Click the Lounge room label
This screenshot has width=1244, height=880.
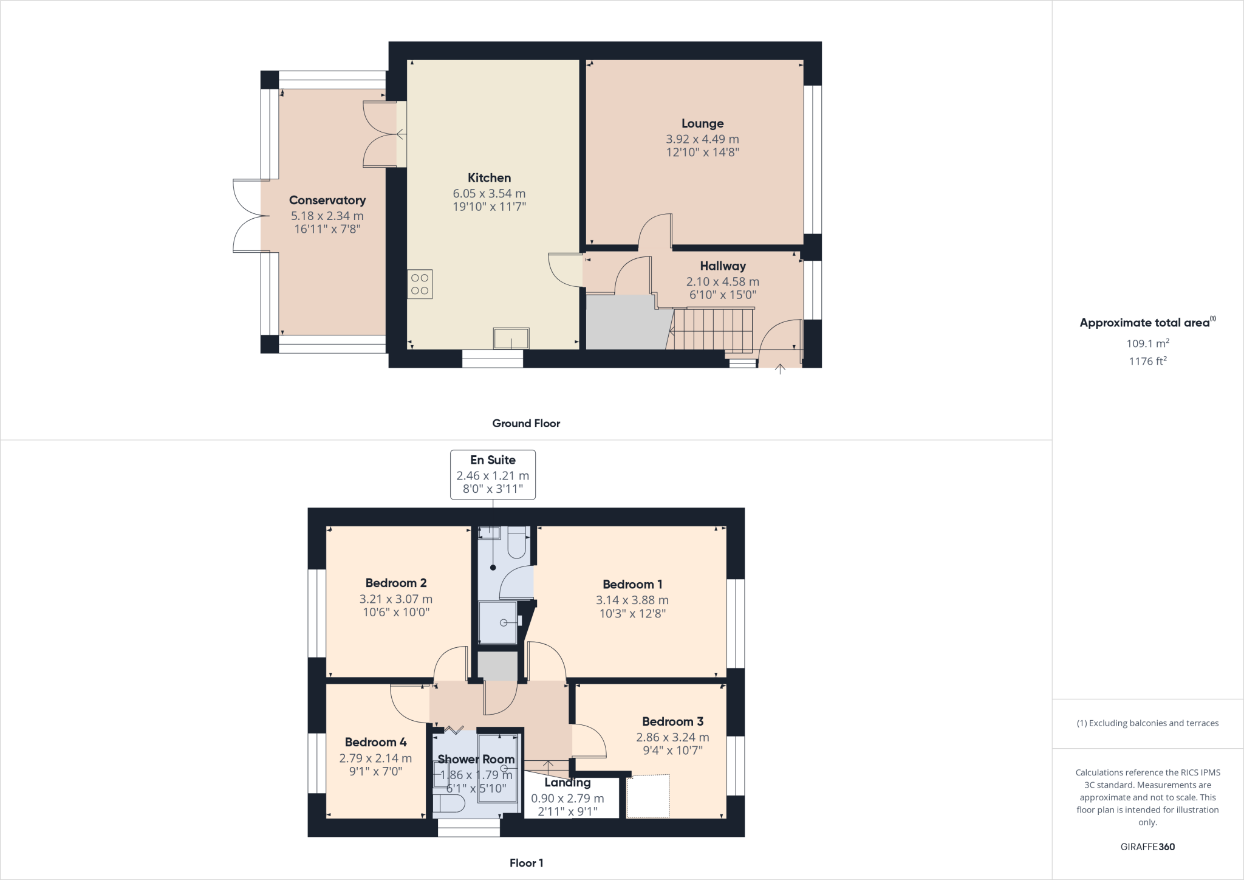point(702,124)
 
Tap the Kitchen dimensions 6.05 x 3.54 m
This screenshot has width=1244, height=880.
point(489,193)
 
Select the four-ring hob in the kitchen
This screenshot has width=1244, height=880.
point(420,284)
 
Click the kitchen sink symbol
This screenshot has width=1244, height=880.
point(511,339)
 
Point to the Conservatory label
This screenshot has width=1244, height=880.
point(327,200)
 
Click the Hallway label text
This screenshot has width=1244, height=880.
point(722,266)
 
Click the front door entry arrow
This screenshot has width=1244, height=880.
point(780,368)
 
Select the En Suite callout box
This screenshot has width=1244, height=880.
point(493,475)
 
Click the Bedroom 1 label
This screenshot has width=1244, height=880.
point(632,584)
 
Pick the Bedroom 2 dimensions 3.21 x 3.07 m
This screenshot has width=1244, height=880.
point(396,599)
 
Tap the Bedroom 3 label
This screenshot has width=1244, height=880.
point(672,721)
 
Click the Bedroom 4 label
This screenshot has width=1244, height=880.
point(375,742)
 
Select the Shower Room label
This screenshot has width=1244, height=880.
point(476,759)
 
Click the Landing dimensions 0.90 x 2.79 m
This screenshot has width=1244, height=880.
point(567,799)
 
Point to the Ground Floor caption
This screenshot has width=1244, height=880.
point(526,424)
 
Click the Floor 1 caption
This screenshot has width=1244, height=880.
point(526,863)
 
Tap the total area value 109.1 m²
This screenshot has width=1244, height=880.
point(1147,343)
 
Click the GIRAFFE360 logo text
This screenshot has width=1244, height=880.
point(1147,847)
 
